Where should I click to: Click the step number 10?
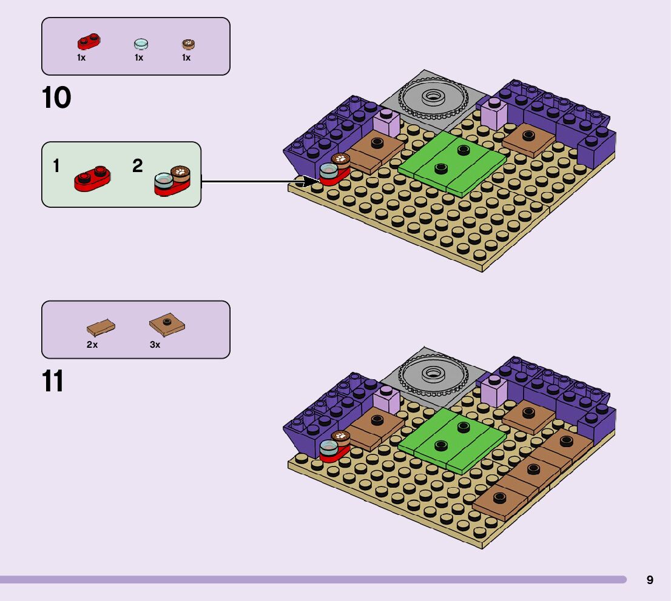tap(56, 98)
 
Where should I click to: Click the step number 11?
tap(53, 382)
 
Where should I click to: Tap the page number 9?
tap(650, 580)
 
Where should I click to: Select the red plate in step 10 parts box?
tap(89, 42)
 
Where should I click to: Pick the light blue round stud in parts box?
tap(140, 44)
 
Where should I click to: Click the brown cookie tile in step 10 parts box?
tap(188, 44)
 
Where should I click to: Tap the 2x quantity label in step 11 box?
tap(92, 345)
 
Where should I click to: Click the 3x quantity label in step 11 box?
tap(155, 345)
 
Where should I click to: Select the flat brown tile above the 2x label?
tap(101, 328)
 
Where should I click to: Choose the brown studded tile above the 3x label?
tap(167, 325)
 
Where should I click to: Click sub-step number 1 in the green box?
tap(56, 166)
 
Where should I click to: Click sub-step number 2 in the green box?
tap(138, 166)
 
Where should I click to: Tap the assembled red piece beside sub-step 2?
tap(172, 181)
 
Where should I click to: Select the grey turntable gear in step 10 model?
tap(433, 96)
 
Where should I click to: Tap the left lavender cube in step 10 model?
tap(386, 124)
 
